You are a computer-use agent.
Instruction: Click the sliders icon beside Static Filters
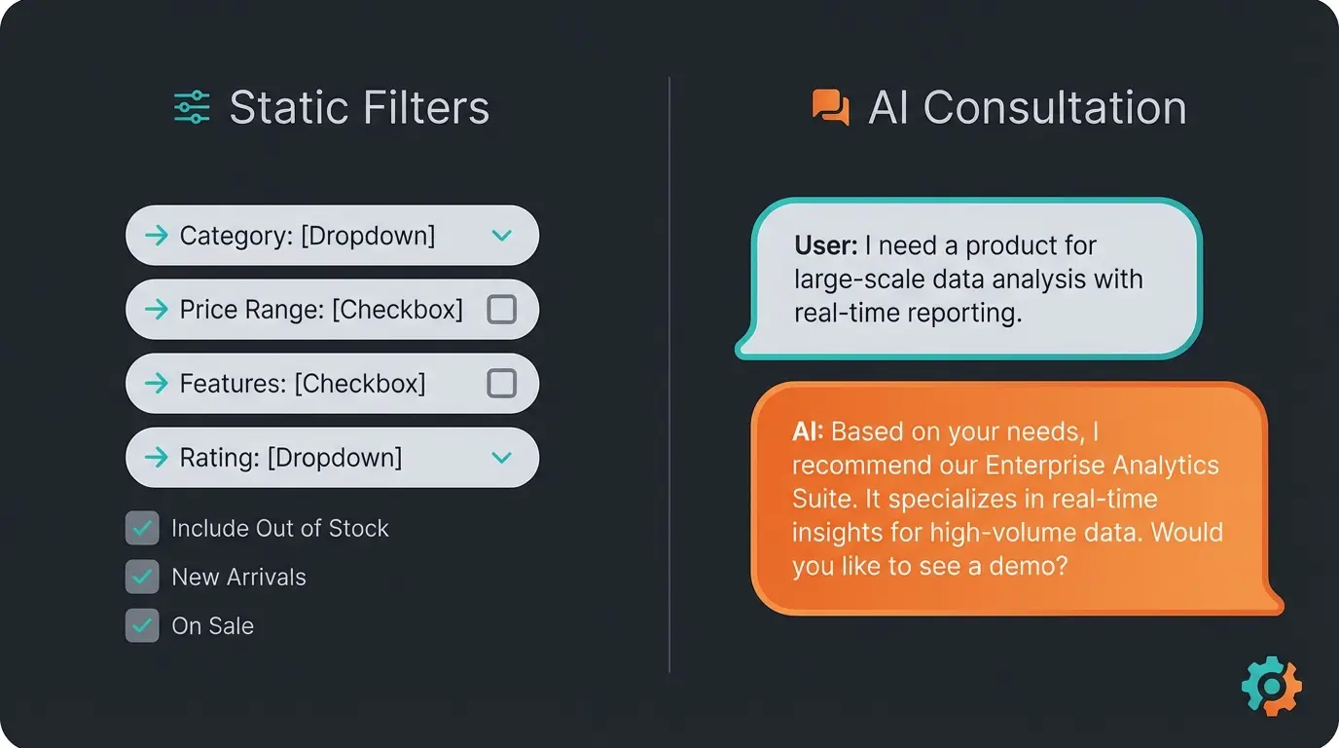(x=192, y=107)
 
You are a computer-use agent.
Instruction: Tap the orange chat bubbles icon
(x=830, y=107)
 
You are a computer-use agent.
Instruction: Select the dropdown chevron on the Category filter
(x=501, y=236)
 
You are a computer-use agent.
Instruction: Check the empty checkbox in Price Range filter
(x=501, y=310)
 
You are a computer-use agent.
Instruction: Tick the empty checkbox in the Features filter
(x=501, y=384)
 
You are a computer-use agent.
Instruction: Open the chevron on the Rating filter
(x=501, y=458)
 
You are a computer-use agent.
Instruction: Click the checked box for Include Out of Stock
(x=142, y=528)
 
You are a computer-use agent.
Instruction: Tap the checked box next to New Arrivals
(x=142, y=577)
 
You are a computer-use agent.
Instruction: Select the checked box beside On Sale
(x=142, y=625)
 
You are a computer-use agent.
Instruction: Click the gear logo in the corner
(x=1271, y=687)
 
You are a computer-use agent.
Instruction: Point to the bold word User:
(x=825, y=245)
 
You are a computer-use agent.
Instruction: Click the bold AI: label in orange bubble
(x=808, y=431)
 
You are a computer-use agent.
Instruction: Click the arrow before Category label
(x=156, y=236)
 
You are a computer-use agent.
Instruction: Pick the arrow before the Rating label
(x=156, y=458)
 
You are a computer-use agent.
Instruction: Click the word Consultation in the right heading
(x=1055, y=107)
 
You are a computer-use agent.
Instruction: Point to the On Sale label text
(x=212, y=626)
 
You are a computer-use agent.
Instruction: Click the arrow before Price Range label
(x=156, y=310)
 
